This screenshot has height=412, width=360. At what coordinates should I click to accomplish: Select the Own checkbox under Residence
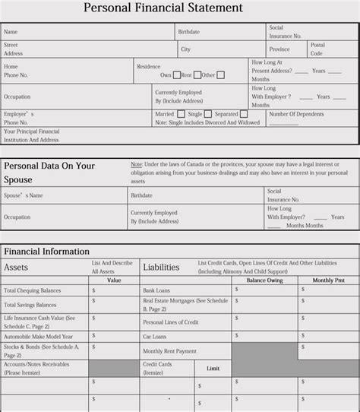coord(177,75)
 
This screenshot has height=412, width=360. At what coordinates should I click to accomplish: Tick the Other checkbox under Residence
coord(220,75)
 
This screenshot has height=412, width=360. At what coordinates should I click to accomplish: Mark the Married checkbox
coord(181,114)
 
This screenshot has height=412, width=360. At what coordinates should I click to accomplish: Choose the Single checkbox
coord(207,114)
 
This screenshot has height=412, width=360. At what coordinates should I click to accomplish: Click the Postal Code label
coord(317,49)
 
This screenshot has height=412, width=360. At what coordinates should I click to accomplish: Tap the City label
coord(185,49)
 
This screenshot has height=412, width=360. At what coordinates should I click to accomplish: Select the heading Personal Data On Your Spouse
coord(49,173)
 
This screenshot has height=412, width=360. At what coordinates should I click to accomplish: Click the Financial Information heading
coord(46,251)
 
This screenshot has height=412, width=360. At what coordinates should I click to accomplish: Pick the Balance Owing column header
coord(264,280)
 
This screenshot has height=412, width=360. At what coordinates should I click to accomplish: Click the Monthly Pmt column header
coord(328,280)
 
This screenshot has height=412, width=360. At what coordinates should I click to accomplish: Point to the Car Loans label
coord(154,337)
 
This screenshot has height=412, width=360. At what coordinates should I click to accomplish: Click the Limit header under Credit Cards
coord(213,368)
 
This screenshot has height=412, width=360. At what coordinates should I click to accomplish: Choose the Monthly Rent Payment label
coord(169,351)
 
